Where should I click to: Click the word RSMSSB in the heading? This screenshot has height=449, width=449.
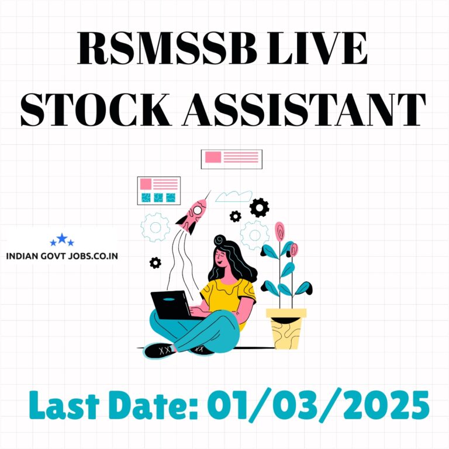(x=167, y=48)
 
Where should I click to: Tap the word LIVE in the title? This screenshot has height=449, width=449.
(x=317, y=48)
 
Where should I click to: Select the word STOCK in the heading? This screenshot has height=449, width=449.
(x=96, y=110)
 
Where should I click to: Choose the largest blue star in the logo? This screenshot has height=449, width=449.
(x=62, y=238)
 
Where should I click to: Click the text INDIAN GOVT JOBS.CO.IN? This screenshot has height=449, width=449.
(x=62, y=256)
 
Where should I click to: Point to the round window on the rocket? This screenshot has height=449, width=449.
(x=198, y=210)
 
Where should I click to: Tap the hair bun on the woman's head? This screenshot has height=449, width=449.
(x=220, y=240)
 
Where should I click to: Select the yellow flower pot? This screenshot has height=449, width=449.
(x=286, y=329)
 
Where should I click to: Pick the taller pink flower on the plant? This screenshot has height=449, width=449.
(x=279, y=231)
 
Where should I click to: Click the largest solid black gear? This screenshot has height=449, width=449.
(x=259, y=208)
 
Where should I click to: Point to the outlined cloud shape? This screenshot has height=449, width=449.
(x=234, y=196)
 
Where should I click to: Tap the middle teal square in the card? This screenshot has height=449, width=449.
(x=158, y=198)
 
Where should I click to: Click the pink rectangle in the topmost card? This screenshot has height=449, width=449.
(x=213, y=157)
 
